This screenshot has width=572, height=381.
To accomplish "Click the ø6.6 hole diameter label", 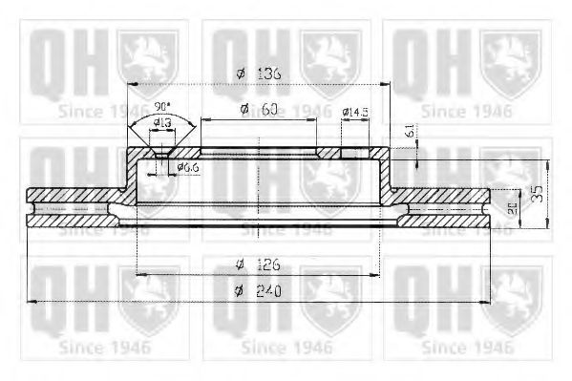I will (188, 169).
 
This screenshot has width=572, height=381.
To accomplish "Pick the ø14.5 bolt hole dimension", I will (357, 113).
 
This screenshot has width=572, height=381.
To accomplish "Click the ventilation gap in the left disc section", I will (76, 207).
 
